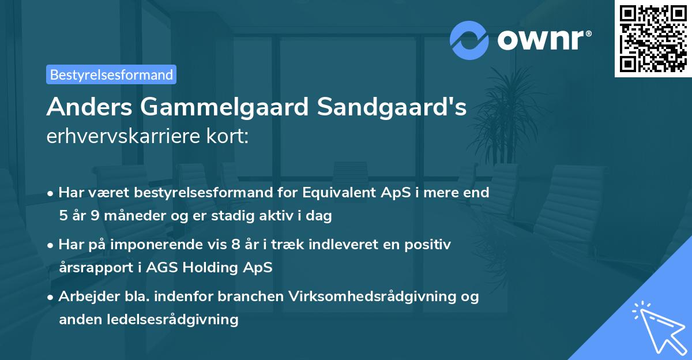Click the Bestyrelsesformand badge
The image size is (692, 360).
click(111, 74)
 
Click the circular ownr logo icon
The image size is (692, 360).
click(469, 40)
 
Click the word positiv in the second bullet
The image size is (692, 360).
click(430, 244)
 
